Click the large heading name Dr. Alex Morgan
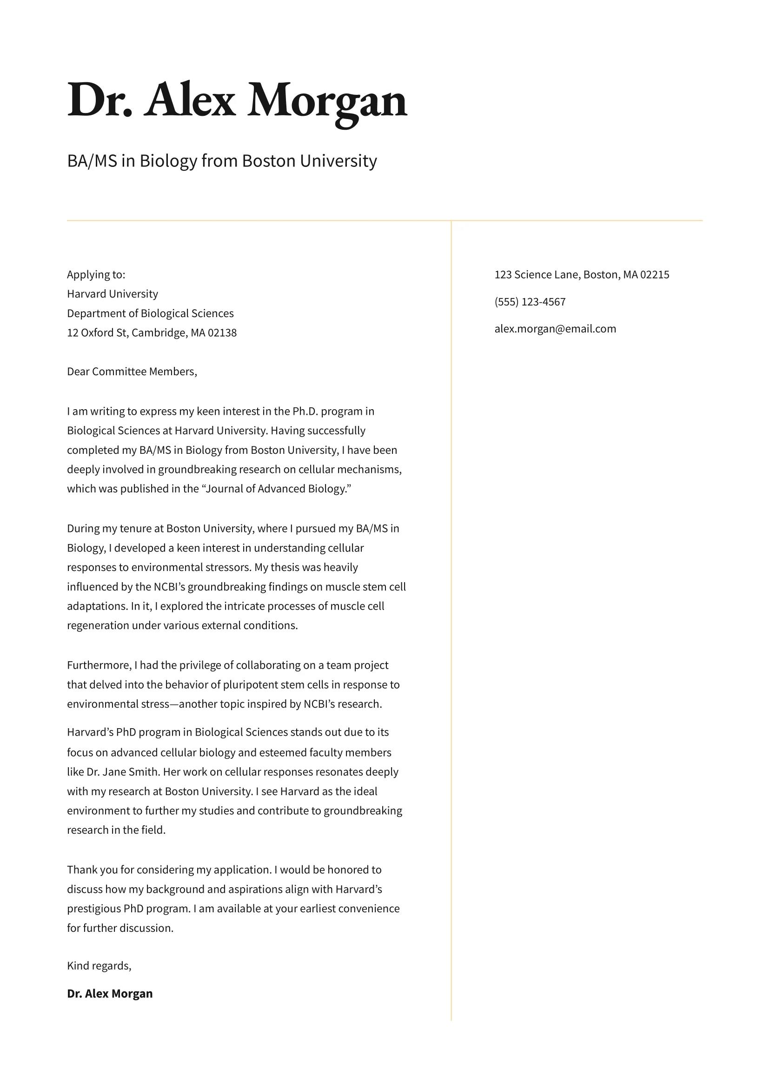[237, 100]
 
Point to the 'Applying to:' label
[96, 275]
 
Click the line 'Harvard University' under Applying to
[113, 294]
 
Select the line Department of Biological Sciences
[150, 313]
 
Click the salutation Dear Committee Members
[132, 372]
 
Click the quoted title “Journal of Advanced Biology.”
[277, 489]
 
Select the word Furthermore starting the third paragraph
[99, 665]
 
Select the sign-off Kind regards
[99, 966]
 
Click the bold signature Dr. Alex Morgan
[110, 994]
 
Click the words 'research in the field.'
[116, 830]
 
